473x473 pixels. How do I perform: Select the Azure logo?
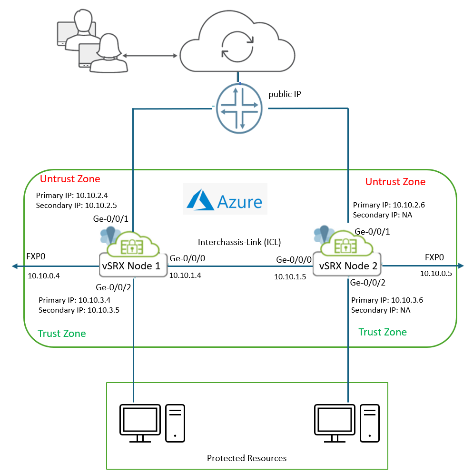point(225,199)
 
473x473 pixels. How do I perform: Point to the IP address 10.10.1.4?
point(185,275)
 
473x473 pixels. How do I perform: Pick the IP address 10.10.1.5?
point(290,276)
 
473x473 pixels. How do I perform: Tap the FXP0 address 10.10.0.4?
point(43,276)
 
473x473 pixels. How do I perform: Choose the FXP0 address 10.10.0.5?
point(435,273)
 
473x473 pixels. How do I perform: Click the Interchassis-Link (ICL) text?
point(239,242)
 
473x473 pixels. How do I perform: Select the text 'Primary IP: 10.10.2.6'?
point(389,205)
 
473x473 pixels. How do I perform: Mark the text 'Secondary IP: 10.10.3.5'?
point(79,310)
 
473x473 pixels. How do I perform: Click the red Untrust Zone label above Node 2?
point(395,182)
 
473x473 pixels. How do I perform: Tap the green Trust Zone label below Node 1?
point(62,333)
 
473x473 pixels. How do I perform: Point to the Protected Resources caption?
point(246,458)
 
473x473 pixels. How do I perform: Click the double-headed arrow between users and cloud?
point(150,56)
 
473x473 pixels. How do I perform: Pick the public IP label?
point(285,94)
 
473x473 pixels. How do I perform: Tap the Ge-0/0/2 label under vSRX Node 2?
point(367,283)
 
